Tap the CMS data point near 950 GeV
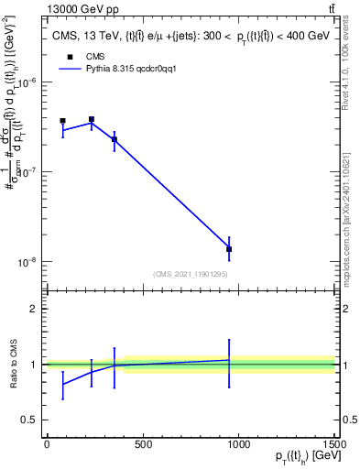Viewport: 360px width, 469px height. click(x=229, y=249)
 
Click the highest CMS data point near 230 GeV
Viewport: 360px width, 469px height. click(x=92, y=119)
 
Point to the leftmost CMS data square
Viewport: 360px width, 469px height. click(x=62, y=121)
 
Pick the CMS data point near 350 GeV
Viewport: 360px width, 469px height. click(x=114, y=139)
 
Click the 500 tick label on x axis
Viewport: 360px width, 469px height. click(x=142, y=445)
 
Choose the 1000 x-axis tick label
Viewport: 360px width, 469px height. click(x=238, y=445)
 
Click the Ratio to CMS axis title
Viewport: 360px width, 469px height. click(x=12, y=364)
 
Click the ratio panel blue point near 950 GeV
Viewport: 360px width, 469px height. click(x=229, y=360)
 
